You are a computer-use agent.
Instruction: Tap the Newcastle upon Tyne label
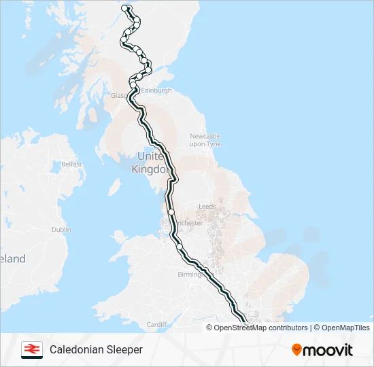coord(205,139)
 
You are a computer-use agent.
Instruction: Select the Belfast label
coord(71,164)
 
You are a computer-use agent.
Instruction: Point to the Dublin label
coord(61,230)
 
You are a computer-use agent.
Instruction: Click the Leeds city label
coord(207,207)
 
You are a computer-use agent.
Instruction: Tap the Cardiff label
coord(156,324)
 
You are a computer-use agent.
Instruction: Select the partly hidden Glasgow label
coord(119,96)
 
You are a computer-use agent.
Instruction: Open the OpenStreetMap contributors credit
coord(260,328)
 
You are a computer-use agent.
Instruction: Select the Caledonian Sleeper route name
coord(97,349)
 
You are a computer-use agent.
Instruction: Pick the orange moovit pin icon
coord(296,350)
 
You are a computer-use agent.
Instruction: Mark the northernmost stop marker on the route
coord(125,8)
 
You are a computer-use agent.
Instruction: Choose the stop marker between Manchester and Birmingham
coord(180,248)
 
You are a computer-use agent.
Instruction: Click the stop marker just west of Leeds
coord(172,212)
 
